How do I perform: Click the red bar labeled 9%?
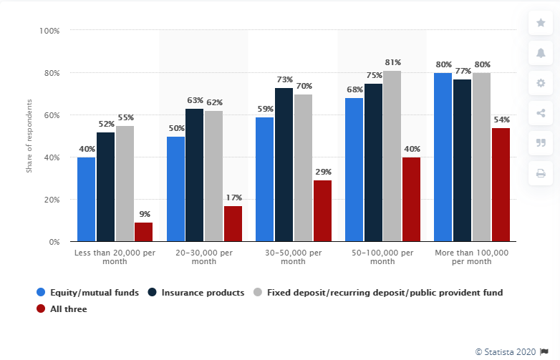(x=143, y=232)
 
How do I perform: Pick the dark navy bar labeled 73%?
(x=284, y=165)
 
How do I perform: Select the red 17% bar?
(x=233, y=223)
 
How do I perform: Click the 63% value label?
(x=195, y=101)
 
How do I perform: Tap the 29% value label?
(x=322, y=172)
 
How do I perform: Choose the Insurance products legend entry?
(x=197, y=293)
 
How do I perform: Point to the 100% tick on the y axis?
(x=49, y=31)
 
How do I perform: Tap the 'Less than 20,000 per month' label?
(x=115, y=257)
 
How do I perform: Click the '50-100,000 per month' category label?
(x=382, y=257)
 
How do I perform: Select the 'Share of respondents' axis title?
(x=29, y=137)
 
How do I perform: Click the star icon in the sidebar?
(x=541, y=23)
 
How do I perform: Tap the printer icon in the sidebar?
(x=541, y=172)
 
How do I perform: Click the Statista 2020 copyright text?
(x=506, y=351)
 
